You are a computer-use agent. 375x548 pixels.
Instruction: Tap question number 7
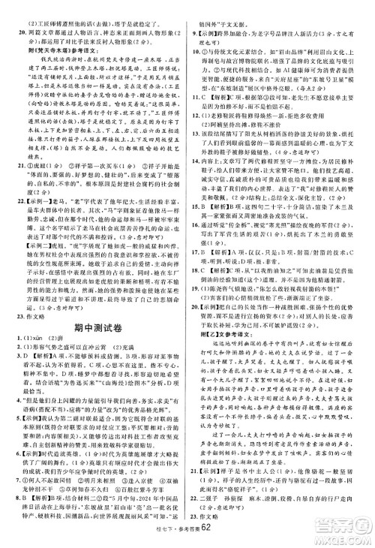click(x=16, y=478)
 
